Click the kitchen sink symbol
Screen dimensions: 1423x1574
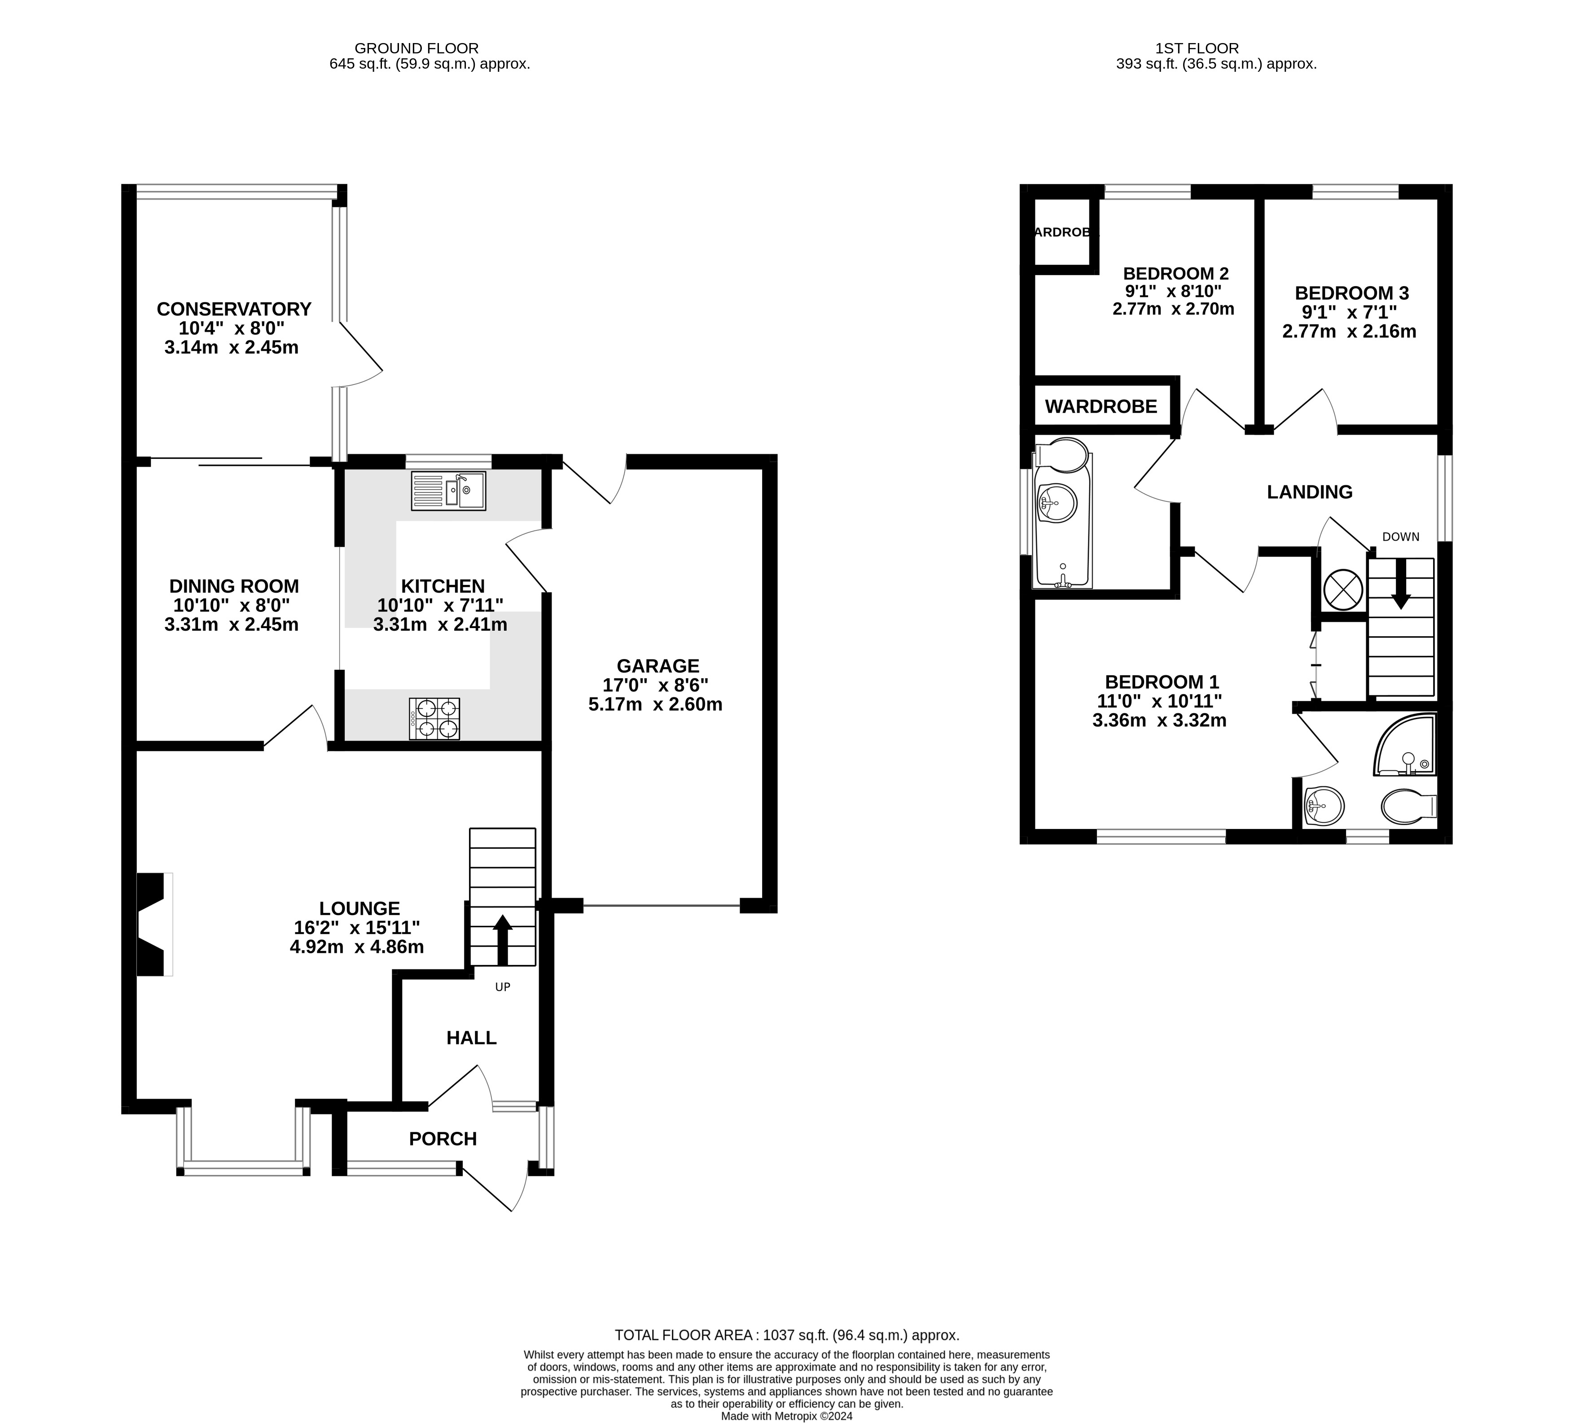click(448, 491)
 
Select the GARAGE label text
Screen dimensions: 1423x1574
click(658, 666)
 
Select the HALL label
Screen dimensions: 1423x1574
click(471, 1037)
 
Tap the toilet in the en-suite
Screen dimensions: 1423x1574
click(1407, 806)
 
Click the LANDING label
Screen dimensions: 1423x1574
click(1309, 492)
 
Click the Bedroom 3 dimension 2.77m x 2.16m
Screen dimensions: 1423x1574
click(1349, 331)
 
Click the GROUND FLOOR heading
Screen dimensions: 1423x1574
click(416, 48)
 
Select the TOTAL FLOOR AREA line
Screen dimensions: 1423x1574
click(786, 1335)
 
